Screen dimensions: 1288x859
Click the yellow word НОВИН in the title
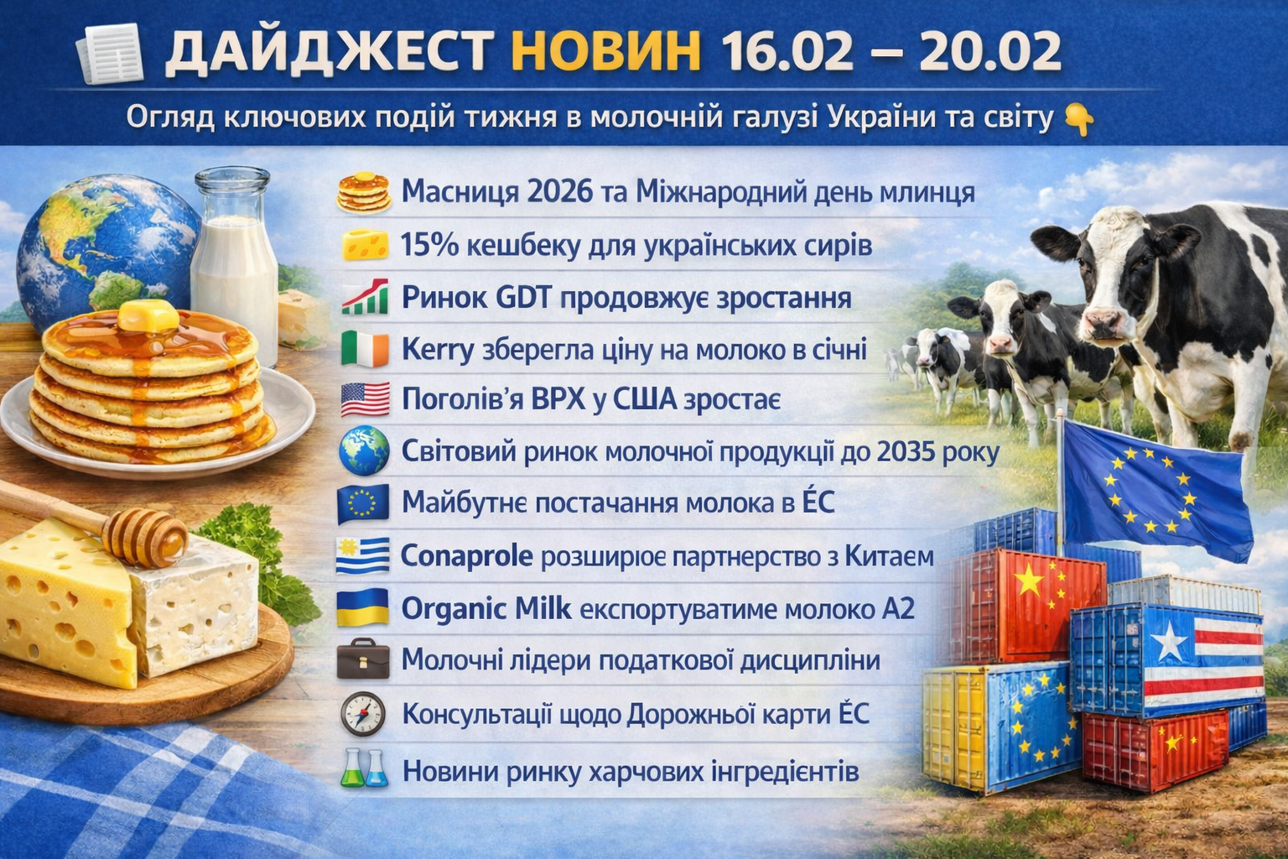coord(606,51)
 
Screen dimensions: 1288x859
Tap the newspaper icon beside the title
coord(109,53)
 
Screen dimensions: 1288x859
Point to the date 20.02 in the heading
coord(988,51)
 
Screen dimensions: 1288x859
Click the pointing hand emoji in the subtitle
coord(1078,119)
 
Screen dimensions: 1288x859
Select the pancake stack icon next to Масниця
coord(364,193)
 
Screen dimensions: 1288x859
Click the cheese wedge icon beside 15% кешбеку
coord(365,245)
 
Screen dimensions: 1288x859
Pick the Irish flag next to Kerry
coord(365,349)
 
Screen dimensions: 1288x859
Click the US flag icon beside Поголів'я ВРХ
coord(365,399)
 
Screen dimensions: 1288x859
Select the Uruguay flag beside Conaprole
coord(363,556)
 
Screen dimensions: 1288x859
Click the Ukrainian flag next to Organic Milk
coord(363,607)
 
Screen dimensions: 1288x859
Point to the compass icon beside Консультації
coord(363,713)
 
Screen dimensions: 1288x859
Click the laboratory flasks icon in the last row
coord(365,768)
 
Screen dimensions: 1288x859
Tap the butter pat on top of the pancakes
coord(148,315)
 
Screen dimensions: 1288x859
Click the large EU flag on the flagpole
coord(1156,489)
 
